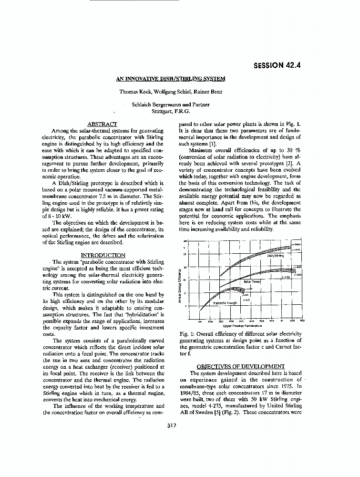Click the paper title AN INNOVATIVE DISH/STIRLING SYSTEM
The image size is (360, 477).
[x=171, y=79]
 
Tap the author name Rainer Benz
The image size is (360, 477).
[x=206, y=91]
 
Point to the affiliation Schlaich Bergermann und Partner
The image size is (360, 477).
[x=170, y=104]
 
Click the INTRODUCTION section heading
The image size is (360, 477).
[x=103, y=255]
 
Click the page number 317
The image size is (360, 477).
[x=172, y=426]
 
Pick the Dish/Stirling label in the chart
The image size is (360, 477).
[x=275, y=256]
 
